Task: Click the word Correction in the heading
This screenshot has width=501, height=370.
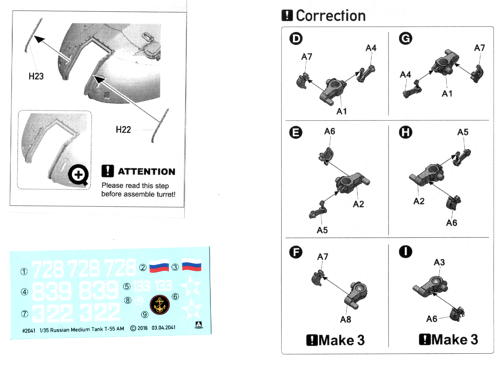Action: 331,16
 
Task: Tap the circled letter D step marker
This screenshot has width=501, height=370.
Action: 296,39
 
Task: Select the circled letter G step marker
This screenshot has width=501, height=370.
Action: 406,38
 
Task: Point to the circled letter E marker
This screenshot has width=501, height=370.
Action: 296,132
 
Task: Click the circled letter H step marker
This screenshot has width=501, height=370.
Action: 406,132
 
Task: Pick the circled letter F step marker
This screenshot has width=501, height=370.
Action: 296,252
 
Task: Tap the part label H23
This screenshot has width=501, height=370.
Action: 36,76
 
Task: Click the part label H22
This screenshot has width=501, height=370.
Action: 123,130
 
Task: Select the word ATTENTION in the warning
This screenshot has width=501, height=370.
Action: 147,172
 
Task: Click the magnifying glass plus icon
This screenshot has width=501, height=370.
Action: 78,175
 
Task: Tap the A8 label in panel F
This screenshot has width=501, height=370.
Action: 345,320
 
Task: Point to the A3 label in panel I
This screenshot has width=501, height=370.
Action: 439,262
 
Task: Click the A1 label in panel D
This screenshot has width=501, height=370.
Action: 341,111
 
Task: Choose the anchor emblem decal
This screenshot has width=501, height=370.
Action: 160,305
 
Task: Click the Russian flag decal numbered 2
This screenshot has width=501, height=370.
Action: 159,266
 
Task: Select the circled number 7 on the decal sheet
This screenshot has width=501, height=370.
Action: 25,314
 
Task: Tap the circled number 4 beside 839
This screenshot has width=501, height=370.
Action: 25,292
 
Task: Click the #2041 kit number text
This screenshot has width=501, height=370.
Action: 29,331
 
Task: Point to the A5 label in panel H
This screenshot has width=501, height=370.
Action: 463,132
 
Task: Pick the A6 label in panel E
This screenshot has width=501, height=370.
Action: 329,131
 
